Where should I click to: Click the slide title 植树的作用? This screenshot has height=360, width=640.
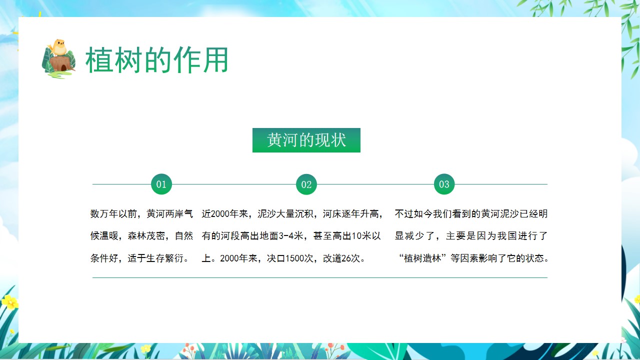tap(156, 60)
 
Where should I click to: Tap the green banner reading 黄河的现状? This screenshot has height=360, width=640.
tap(306, 140)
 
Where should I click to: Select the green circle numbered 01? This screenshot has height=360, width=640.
tap(161, 184)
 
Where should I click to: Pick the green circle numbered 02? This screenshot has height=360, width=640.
tap(306, 184)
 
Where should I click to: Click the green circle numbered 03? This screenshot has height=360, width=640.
tap(444, 184)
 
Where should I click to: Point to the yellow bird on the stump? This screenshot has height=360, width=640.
tap(58, 47)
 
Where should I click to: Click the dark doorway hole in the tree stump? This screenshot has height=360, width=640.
tap(63, 68)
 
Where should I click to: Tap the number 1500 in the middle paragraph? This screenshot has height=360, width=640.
tap(294, 258)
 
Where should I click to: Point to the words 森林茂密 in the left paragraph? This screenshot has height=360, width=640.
tap(146, 236)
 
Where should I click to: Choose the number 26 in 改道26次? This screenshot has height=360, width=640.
tap(346, 258)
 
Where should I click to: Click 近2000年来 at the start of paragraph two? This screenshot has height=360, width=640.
tap(225, 213)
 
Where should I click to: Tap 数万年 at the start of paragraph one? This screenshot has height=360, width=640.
tap(104, 213)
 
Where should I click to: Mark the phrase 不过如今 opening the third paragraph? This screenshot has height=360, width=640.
tap(413, 213)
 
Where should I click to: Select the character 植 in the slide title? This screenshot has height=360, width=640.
tap(98, 60)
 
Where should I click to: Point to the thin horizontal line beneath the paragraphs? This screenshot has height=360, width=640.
tap(320, 277)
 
